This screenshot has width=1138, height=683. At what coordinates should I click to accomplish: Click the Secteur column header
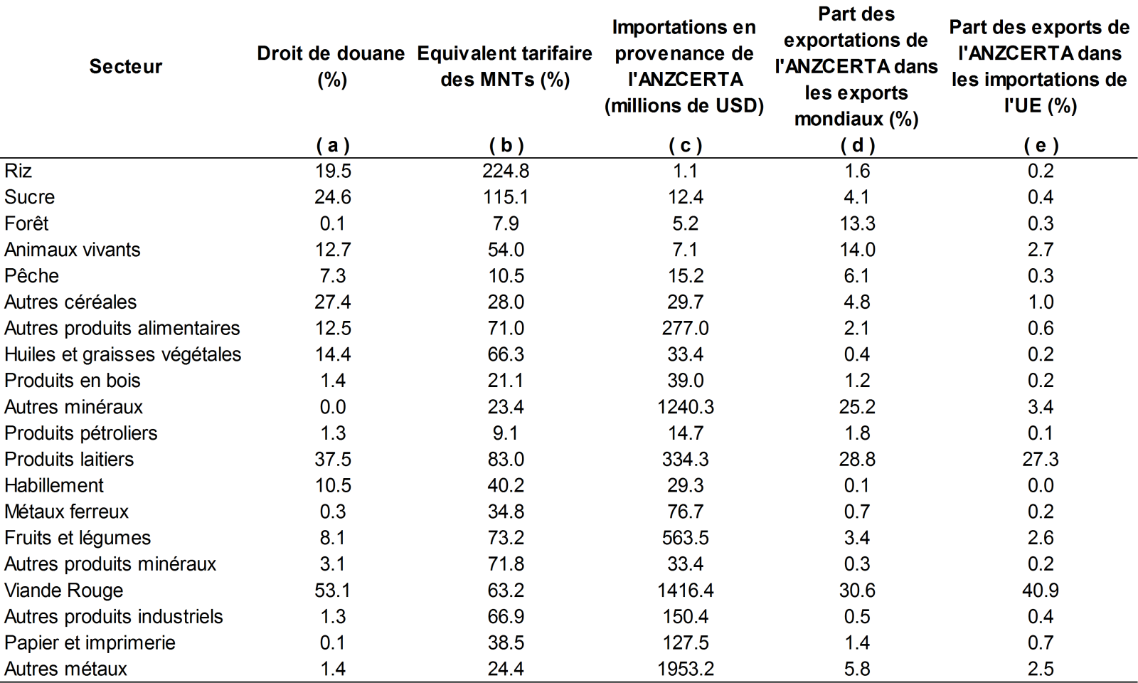[x=125, y=66]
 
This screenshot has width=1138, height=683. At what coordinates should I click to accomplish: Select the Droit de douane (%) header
[x=331, y=66]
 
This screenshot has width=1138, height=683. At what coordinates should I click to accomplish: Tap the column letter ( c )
[x=685, y=145]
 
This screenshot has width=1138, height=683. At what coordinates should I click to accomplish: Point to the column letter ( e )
[x=1041, y=145]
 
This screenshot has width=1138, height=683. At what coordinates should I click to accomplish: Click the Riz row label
[x=18, y=171]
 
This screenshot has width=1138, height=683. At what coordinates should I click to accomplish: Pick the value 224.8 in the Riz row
[x=506, y=171]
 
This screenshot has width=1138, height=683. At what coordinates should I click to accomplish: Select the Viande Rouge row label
[x=63, y=591]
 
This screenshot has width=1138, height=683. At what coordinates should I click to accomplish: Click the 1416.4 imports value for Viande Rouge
[x=685, y=591]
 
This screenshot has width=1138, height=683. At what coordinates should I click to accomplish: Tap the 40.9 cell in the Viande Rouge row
[x=1041, y=591]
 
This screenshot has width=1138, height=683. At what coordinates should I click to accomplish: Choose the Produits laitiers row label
[x=69, y=460]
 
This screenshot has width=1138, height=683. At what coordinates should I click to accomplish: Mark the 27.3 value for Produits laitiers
[x=1041, y=460]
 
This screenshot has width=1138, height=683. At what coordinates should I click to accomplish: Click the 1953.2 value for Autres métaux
[x=685, y=669]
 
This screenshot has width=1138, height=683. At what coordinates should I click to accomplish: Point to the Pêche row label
[x=31, y=276]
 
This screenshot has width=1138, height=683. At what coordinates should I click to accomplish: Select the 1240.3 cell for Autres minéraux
[x=685, y=407]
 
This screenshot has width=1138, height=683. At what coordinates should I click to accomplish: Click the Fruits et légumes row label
[x=78, y=538]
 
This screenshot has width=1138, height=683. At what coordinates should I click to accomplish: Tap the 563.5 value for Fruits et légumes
[x=685, y=538]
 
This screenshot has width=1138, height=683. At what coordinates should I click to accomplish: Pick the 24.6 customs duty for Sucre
[x=332, y=197]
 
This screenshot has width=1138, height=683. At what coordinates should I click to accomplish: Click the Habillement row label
[x=54, y=485]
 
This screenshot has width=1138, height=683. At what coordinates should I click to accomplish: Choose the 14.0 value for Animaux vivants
[x=857, y=250]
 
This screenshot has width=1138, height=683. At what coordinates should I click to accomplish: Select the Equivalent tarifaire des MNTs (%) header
[x=505, y=66]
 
